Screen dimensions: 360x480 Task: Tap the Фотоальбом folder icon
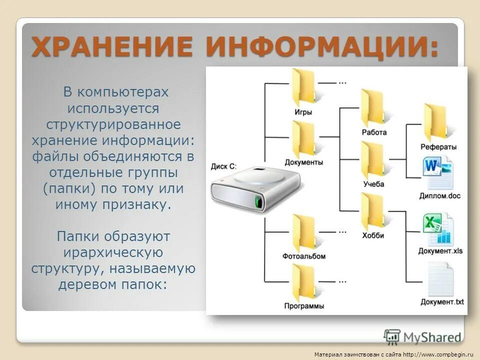[x=303, y=233]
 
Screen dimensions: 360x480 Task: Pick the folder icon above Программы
[x=303, y=283]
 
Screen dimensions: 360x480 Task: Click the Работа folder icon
[x=372, y=108]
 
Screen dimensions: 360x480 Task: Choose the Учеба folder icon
[x=372, y=160]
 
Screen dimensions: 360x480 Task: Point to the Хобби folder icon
[x=372, y=212]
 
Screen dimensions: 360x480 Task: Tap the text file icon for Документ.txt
[x=440, y=279]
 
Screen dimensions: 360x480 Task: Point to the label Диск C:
[x=223, y=165]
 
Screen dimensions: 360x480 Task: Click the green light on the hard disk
[x=258, y=202]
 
